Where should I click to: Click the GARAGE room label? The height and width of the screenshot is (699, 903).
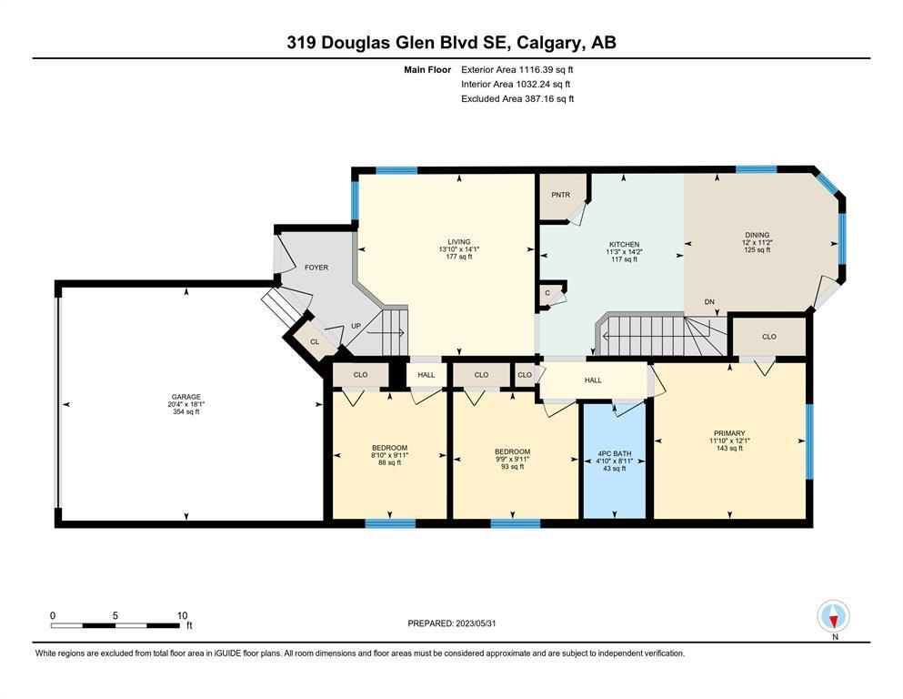click(x=186, y=397)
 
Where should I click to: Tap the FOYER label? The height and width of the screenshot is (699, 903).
click(x=316, y=268)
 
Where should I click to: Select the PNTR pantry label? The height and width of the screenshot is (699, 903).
click(x=560, y=195)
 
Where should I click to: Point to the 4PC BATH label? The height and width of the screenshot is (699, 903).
click(x=615, y=453)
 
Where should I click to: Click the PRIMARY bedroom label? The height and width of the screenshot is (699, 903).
click(x=729, y=433)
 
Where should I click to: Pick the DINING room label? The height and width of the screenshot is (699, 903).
click(x=758, y=235)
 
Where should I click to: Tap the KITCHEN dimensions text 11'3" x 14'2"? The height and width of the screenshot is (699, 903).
click(x=624, y=252)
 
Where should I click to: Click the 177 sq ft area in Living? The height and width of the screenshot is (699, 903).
click(x=459, y=257)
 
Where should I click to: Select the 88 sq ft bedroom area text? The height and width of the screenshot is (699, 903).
click(x=390, y=462)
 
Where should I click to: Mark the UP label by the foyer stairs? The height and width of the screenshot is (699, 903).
click(x=356, y=326)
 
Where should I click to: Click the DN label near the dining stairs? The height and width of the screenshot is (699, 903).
click(x=709, y=302)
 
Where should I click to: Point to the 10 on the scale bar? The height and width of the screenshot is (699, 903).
click(x=182, y=615)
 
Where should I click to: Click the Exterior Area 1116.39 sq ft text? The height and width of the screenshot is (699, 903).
click(x=517, y=70)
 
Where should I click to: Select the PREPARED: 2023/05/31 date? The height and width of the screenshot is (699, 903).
click(x=451, y=623)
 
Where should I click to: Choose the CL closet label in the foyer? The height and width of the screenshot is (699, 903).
click(x=315, y=341)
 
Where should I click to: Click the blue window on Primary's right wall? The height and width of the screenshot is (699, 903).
click(x=809, y=442)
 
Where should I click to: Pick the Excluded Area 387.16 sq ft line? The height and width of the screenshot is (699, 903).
click(x=517, y=98)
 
